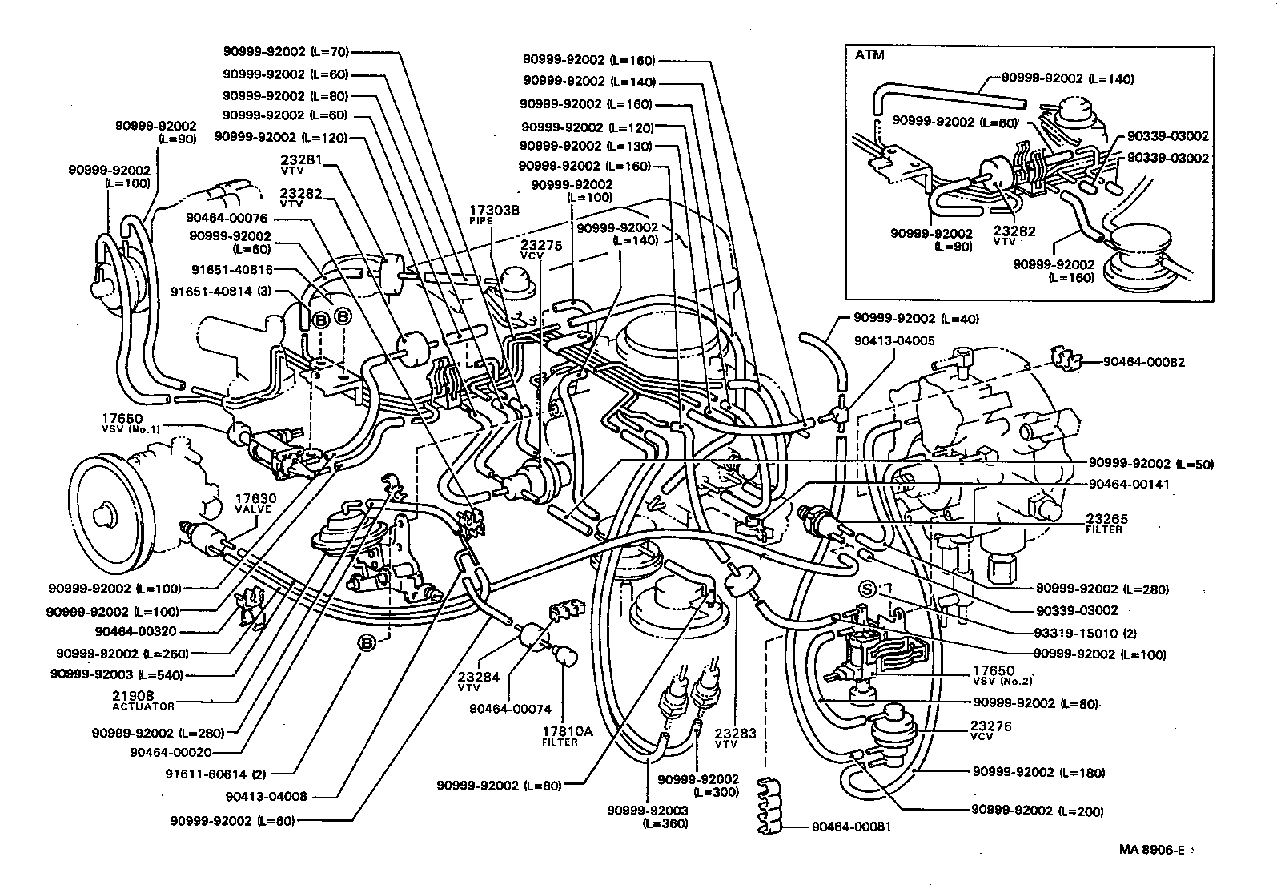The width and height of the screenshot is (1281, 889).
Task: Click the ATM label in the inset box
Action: click(x=869, y=56)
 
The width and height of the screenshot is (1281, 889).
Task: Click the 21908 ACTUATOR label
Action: click(x=143, y=700)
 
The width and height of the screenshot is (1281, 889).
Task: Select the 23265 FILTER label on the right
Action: click(x=1104, y=523)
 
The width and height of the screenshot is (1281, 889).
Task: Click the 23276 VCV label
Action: click(x=991, y=730)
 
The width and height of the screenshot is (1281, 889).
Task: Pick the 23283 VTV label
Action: click(x=734, y=737)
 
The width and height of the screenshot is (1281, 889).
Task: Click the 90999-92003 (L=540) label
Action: click(x=116, y=674)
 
